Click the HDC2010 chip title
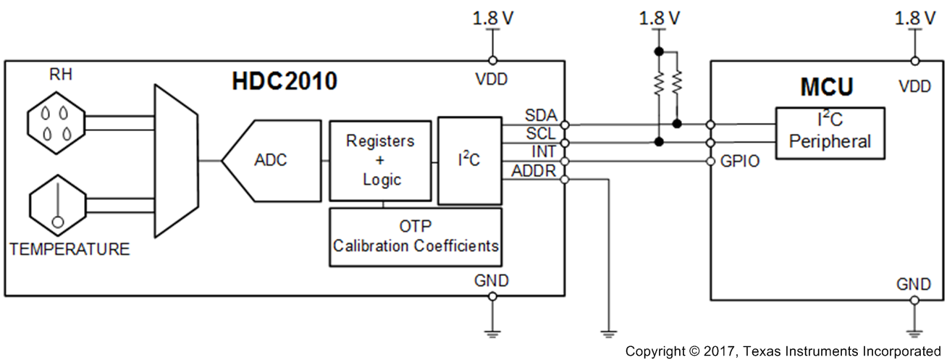pos(284,81)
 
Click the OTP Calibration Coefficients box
pos(416,237)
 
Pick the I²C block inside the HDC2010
pos(469,160)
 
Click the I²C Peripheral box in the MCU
pos(830,133)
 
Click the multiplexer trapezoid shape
pos(175,160)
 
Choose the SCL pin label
pos(541,134)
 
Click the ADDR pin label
pos(534,171)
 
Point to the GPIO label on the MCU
pos(740,162)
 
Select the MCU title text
pos(826,88)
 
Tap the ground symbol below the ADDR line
pos(607,332)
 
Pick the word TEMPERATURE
pos(70,249)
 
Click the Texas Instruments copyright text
pos(785,351)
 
